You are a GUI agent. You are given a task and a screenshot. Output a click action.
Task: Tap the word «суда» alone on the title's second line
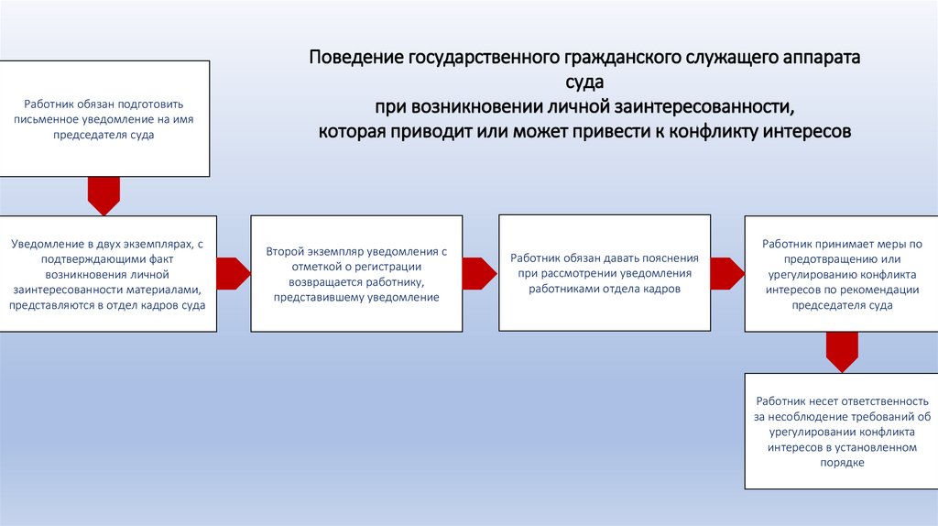[585, 83]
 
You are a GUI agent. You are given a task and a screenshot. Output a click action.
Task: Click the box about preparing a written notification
[104, 119]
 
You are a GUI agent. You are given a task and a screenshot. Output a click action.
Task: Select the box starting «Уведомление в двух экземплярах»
[108, 273]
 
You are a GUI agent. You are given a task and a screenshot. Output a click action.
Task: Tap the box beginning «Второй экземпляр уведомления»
[356, 273]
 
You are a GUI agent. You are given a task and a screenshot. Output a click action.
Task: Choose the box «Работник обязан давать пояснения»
[604, 273]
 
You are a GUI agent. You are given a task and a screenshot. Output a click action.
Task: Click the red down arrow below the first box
[104, 195]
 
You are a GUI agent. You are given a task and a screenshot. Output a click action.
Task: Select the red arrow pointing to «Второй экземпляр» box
[234, 273]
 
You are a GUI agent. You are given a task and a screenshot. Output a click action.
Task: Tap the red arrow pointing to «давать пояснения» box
[479, 273]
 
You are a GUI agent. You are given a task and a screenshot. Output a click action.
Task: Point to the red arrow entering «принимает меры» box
[727, 273]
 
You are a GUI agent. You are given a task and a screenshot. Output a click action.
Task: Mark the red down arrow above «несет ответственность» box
[842, 351]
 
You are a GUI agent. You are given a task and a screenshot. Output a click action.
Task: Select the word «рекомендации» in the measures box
[878, 290]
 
